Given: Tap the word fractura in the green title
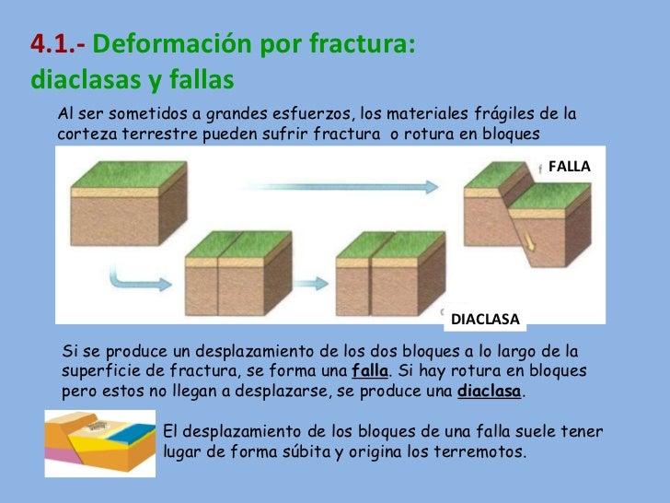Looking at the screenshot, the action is [366, 44].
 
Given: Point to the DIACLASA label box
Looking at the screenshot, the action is [485, 320].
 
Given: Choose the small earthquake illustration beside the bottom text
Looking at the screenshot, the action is [99, 443].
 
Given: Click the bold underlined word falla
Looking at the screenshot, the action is [371, 371].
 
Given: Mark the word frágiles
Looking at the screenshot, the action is [502, 114].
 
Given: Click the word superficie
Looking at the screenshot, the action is [100, 371].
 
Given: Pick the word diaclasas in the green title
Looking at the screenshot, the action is [82, 81].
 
